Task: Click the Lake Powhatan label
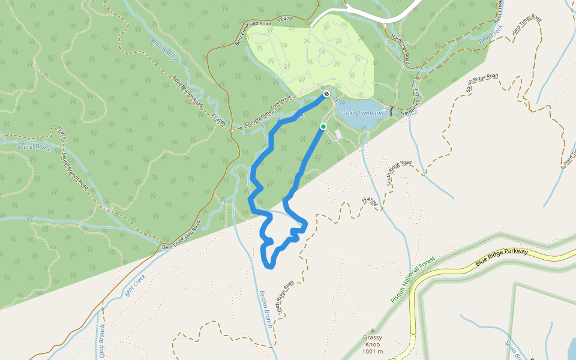pos(363,113)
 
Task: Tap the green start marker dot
pos(323,127)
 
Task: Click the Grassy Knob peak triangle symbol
pos(373,330)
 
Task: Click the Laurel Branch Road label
pos(75,172)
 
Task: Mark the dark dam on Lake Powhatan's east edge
pos(391,112)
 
